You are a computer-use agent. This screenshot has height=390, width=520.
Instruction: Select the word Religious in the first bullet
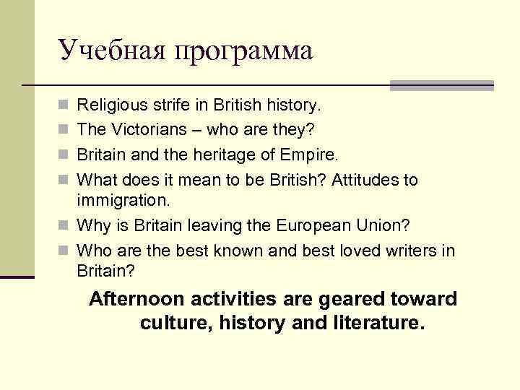pos(108,106)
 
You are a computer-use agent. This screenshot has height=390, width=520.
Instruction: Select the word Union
pos(384,225)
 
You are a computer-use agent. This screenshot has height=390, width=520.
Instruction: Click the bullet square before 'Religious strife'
pos(64,107)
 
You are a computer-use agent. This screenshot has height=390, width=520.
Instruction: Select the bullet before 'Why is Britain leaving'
pos(64,226)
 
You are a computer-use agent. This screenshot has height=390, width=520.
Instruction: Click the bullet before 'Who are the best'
pos(64,251)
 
